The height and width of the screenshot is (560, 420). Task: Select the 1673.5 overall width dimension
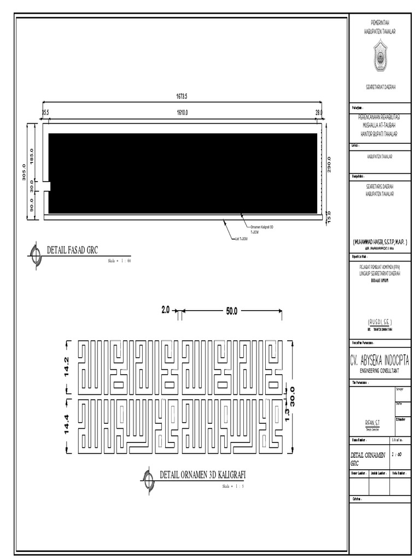[x=182, y=97]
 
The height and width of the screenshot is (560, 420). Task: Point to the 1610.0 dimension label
[x=182, y=113]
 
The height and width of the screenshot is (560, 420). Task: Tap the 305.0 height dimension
[x=23, y=173]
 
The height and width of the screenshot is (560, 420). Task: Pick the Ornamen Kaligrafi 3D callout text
[x=262, y=227]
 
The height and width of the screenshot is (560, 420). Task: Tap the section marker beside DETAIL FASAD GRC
[x=36, y=254]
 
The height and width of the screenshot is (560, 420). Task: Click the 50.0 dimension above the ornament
[x=231, y=311]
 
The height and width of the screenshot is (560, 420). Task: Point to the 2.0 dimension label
[x=166, y=310]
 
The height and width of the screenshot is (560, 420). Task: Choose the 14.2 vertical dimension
[x=67, y=367]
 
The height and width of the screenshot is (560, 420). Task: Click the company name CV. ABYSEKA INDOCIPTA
[x=379, y=361]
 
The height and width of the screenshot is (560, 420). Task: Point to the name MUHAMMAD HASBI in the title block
[x=380, y=241]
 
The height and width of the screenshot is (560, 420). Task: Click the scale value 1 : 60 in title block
[x=398, y=454]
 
